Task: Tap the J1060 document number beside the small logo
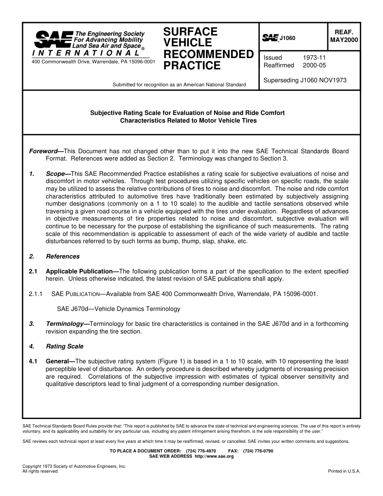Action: (287, 38)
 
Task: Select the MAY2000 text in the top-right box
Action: (344, 40)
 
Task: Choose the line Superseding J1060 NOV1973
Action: (305, 80)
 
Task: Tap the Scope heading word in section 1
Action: (55, 174)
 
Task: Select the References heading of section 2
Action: (62, 256)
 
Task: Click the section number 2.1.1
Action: (35, 294)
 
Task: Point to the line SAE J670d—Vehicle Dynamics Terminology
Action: (119, 309)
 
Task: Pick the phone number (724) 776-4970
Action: (201, 451)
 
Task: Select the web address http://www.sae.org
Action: (214, 456)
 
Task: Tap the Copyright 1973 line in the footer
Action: (74, 466)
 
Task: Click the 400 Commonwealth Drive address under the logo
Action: (93, 62)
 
